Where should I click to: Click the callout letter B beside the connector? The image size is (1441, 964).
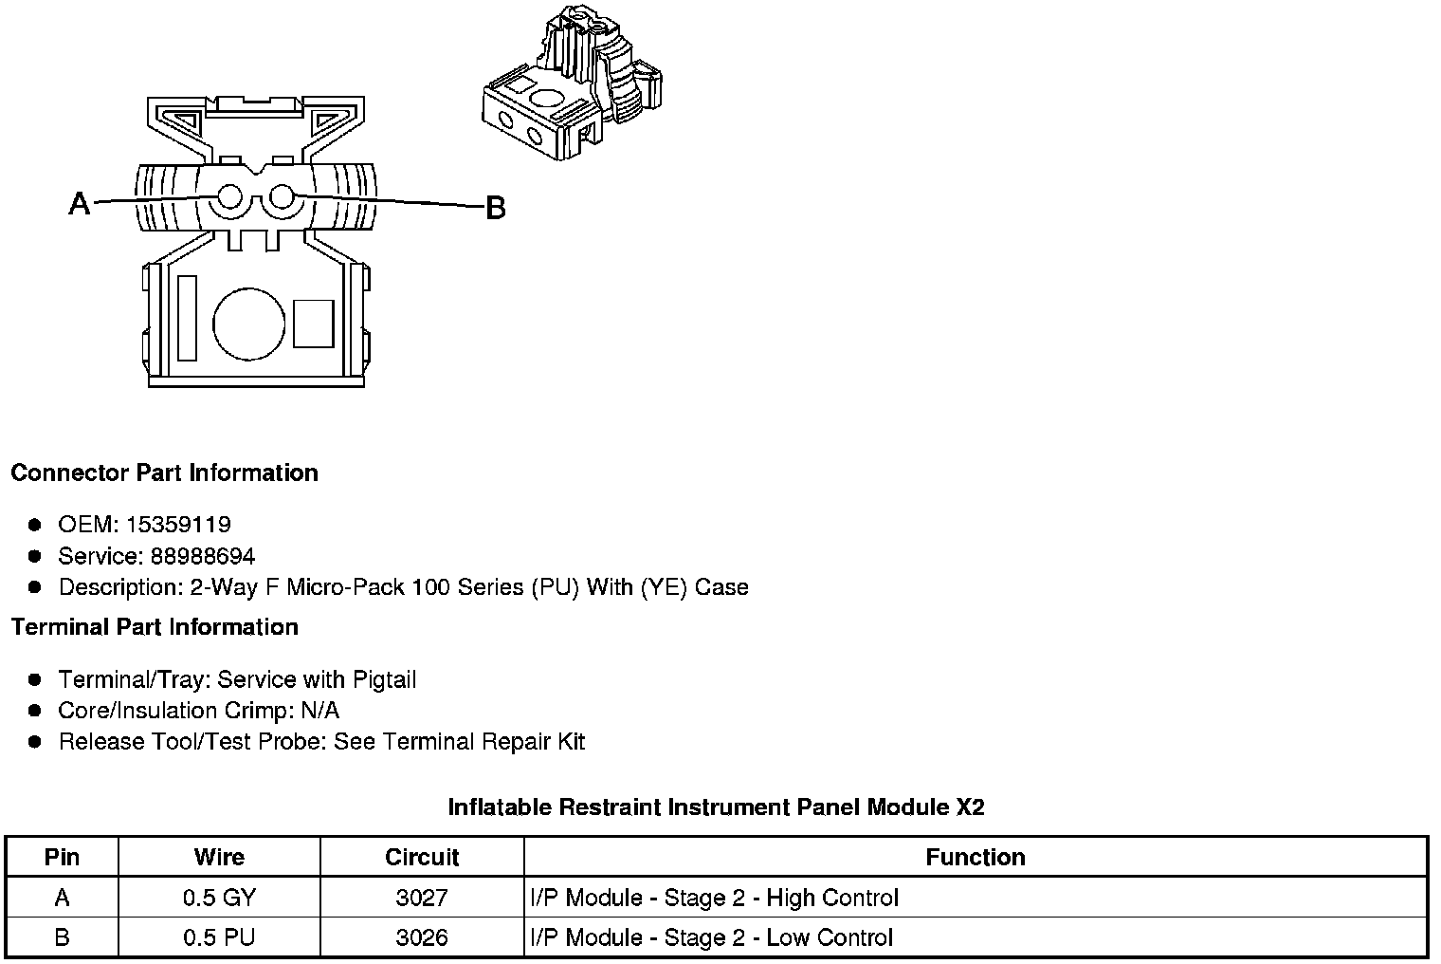[495, 208]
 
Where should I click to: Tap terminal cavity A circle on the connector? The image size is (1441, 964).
[229, 197]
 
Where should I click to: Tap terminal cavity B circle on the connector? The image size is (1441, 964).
[281, 197]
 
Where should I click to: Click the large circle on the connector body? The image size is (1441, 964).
[248, 324]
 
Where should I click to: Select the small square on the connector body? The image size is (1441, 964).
[313, 324]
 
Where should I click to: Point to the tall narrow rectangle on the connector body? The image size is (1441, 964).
[187, 319]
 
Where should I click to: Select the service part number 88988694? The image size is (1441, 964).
[203, 556]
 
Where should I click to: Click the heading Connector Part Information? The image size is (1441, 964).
[164, 473]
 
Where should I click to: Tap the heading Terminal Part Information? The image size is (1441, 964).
[155, 627]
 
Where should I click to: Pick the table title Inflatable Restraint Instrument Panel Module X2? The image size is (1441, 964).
[716, 807]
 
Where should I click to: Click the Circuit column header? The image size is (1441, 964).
[422, 858]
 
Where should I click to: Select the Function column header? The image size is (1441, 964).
[975, 858]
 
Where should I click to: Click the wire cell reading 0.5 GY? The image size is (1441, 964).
[219, 898]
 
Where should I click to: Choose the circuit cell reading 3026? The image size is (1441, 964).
[422, 938]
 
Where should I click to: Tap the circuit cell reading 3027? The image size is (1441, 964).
[422, 898]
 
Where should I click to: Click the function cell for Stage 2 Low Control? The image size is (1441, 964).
[711, 938]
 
